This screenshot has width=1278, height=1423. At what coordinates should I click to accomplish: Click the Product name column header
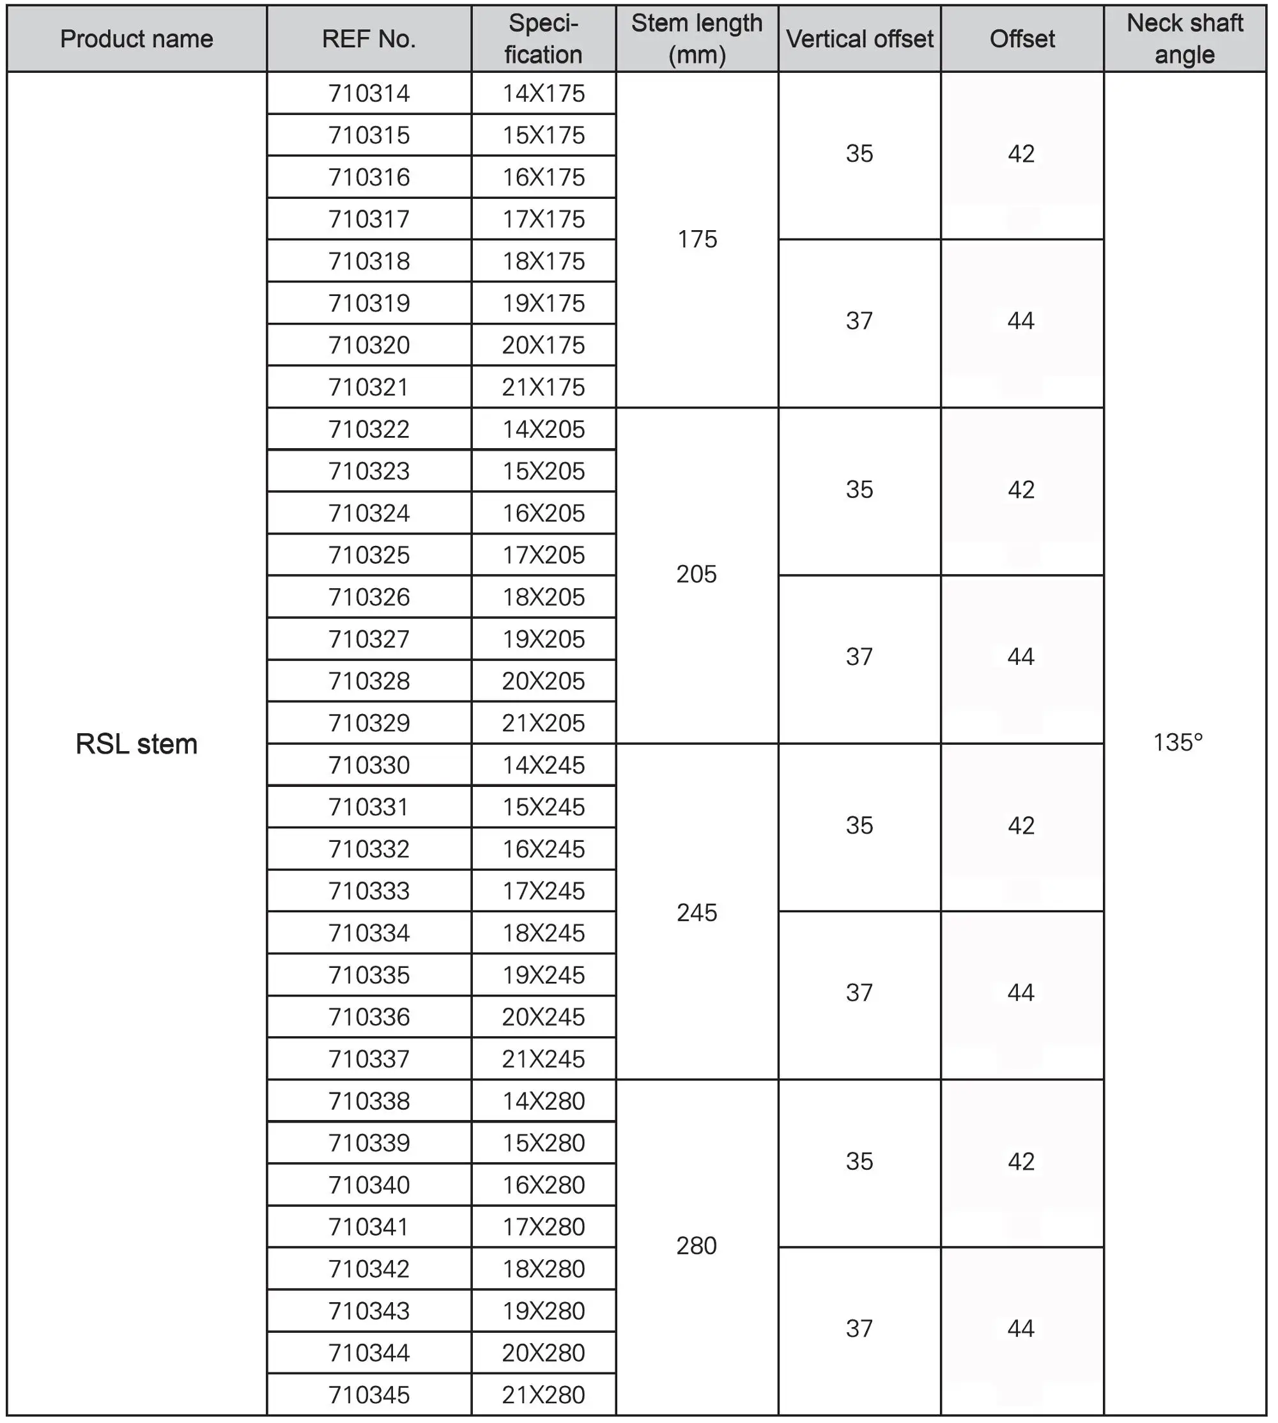(x=136, y=38)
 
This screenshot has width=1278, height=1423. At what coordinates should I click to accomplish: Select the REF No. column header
(x=369, y=38)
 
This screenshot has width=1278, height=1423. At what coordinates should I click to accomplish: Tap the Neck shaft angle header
(x=1185, y=38)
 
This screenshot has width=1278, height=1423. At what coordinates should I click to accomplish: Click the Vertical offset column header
(x=859, y=38)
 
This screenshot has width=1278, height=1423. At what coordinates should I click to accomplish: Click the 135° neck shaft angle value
(x=1178, y=742)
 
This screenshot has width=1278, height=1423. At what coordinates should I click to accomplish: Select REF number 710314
(x=369, y=93)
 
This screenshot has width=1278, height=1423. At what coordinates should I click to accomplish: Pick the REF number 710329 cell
(x=369, y=723)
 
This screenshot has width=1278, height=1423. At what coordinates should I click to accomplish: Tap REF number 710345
(x=369, y=1394)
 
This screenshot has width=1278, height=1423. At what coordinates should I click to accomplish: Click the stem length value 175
(x=697, y=240)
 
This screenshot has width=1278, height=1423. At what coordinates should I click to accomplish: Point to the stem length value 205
(x=697, y=575)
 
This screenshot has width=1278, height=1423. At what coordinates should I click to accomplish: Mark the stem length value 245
(x=697, y=912)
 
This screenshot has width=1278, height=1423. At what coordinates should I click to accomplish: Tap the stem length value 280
(x=697, y=1245)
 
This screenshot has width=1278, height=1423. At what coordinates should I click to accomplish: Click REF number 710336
(x=369, y=1016)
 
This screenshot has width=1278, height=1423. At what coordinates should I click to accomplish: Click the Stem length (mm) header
(x=697, y=38)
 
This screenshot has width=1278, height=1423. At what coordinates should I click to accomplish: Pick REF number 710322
(x=369, y=429)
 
